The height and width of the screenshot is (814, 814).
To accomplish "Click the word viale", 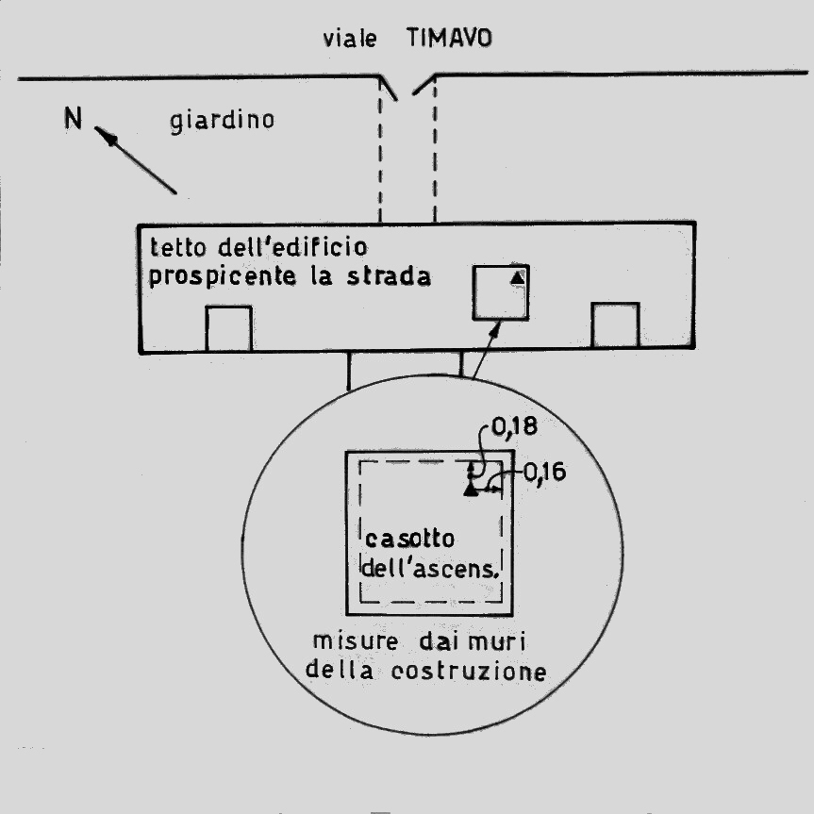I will (349, 40).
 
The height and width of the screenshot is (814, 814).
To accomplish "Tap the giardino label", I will (223, 122).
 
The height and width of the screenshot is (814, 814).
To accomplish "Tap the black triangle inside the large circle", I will (471, 488).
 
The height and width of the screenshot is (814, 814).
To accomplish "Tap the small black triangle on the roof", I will (516, 276).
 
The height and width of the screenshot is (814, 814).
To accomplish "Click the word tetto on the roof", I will (174, 250).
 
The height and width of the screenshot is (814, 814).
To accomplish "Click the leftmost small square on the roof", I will (228, 328).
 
